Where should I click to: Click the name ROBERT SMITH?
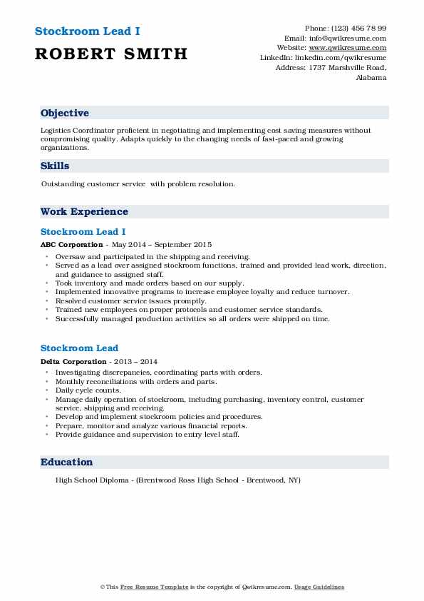tap(110, 54)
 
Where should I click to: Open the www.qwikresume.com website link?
tap(348, 48)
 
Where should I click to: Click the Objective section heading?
tap(65, 113)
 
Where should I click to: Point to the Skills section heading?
tap(55, 166)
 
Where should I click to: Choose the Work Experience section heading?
tap(84, 212)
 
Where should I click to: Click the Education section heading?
tap(67, 463)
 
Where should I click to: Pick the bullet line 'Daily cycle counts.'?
tap(88, 390)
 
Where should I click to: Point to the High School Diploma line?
tap(177, 480)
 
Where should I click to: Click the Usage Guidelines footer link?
tap(320, 587)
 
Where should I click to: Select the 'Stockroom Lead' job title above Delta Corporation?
tap(79, 348)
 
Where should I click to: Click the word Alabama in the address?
tap(371, 78)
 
